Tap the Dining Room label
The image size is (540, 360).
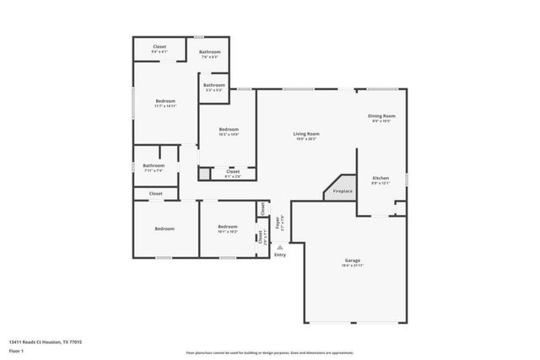381,116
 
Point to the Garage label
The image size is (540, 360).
353,261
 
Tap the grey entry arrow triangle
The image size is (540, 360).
280,247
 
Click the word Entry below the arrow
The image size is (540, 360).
280,255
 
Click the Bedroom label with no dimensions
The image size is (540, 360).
164,228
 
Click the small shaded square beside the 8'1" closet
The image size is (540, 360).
203,175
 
